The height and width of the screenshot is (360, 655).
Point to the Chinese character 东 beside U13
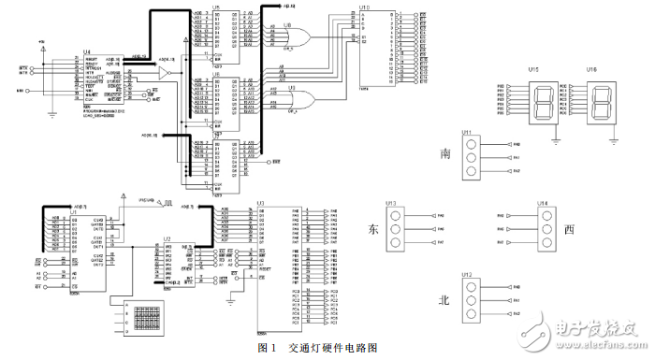pyautogui.click(x=371, y=229)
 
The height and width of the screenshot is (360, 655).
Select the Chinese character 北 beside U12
pyautogui.click(x=446, y=301)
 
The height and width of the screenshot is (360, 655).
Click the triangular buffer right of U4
pyautogui.click(x=165, y=72)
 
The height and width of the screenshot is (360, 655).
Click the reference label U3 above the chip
pyautogui.click(x=261, y=202)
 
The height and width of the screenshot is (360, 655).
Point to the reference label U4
pyautogui.click(x=87, y=51)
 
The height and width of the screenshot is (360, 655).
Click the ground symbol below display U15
pyautogui.click(x=560, y=143)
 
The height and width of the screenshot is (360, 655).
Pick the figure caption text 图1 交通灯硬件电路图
pyautogui.click(x=318, y=348)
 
